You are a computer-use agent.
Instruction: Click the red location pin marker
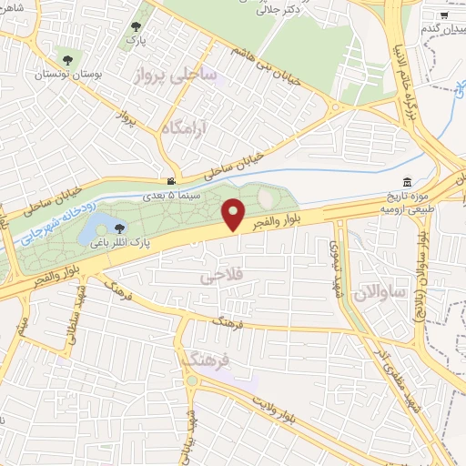(235, 214)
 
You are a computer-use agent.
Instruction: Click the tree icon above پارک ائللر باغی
(119, 228)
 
